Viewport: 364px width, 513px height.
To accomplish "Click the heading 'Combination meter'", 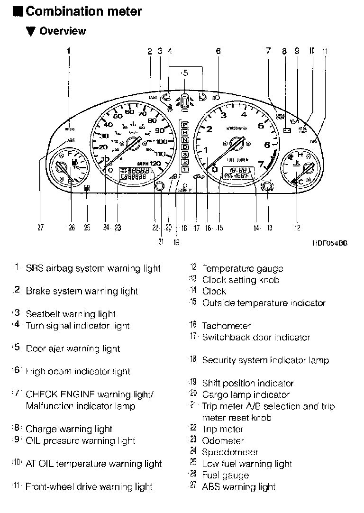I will click(x=83, y=11).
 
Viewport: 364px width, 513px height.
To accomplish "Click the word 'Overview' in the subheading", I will click(x=62, y=31).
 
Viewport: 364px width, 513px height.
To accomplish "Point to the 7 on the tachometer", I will click(x=261, y=164).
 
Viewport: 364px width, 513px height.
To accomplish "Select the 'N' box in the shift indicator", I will click(x=185, y=140).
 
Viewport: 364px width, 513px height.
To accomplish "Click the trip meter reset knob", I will click(x=160, y=186).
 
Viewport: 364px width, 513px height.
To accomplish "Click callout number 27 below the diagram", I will click(x=41, y=228).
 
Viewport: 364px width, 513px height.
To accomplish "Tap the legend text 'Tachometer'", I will click(x=226, y=326).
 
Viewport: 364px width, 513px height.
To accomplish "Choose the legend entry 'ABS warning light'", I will click(x=238, y=486).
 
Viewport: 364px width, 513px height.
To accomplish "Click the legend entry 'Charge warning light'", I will click(x=69, y=429).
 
